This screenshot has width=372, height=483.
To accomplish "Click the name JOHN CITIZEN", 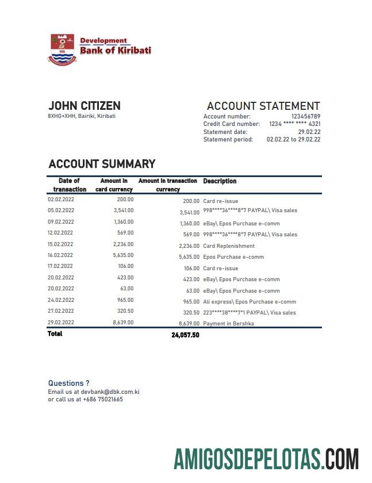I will (85, 106).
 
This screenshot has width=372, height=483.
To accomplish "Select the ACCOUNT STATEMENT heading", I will (263, 106).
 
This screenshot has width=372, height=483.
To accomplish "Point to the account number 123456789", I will (306, 117).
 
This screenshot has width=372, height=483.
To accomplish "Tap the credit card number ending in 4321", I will (295, 124).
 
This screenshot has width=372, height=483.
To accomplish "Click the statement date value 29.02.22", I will (309, 132).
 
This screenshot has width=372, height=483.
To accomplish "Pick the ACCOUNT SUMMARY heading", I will (102, 164).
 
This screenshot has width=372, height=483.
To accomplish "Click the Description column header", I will (220, 181).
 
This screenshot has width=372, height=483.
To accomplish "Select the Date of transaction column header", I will (70, 185).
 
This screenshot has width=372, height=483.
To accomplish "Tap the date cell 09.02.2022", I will (61, 221).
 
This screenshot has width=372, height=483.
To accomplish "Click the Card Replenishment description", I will (229, 246).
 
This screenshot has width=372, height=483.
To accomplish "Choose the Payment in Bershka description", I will (228, 324).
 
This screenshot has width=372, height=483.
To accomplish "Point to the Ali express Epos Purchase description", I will (250, 302).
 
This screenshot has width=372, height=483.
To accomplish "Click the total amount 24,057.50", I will (185, 335).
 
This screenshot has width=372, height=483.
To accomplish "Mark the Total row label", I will (55, 334).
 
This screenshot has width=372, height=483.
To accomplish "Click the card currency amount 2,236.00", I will (124, 244).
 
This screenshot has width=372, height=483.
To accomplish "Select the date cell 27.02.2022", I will (61, 312).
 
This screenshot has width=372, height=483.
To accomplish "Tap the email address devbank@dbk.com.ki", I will (110, 392).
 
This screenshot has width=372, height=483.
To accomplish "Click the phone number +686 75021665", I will (103, 400).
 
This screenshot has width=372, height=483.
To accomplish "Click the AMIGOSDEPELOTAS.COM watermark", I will (267, 460).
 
